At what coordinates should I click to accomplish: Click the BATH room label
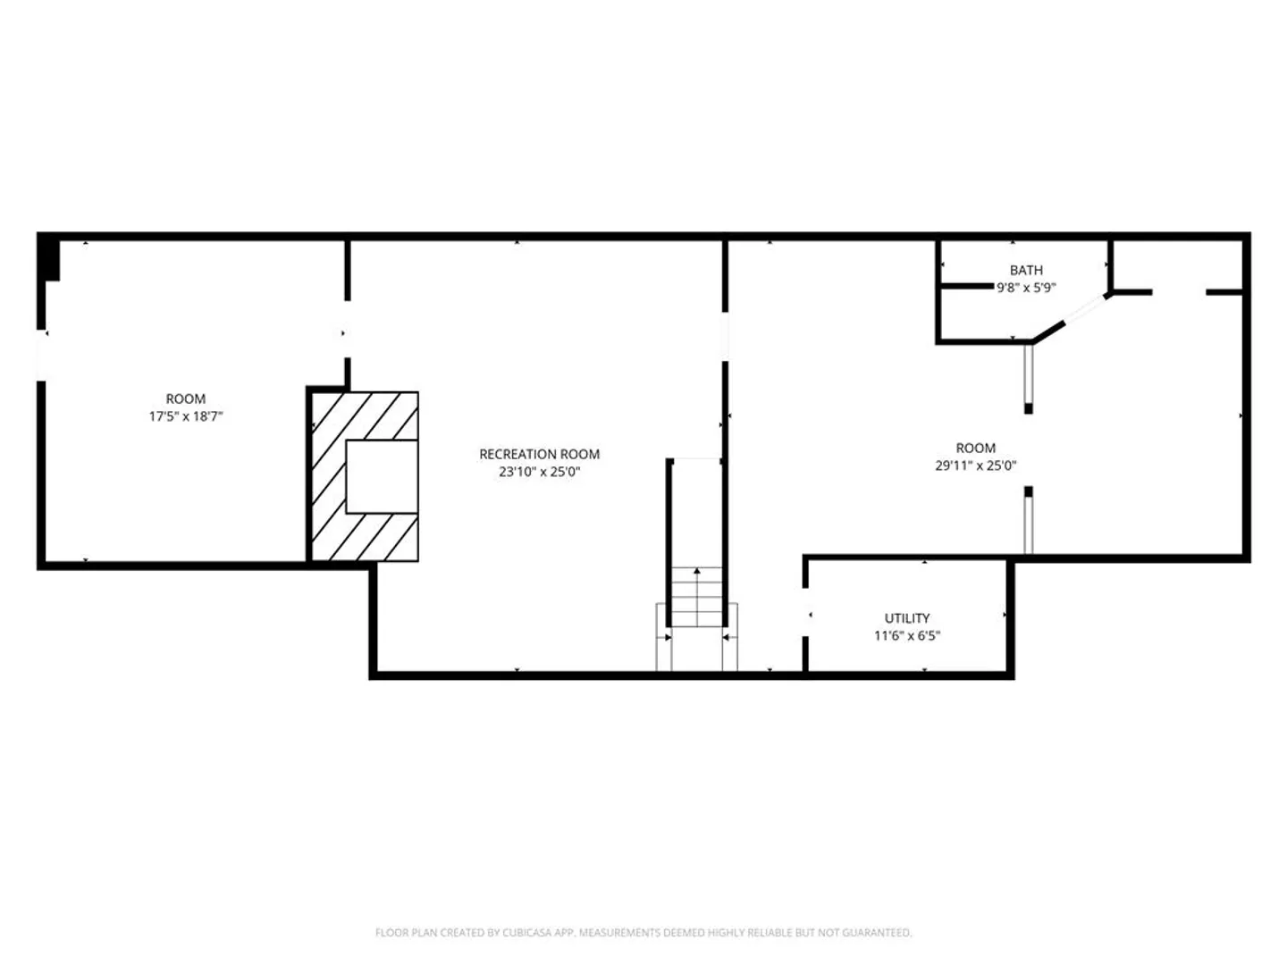coord(1025,270)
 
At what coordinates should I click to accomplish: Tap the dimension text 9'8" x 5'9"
coord(1026,288)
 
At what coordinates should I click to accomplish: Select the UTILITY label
coord(906,618)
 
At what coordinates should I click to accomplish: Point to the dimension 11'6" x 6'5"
coord(907,635)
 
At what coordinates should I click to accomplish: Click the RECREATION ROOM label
coord(540,454)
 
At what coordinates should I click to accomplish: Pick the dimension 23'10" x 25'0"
coord(540,472)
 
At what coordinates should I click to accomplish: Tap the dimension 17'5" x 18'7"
coord(186,416)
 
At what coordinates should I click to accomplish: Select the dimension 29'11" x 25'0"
coord(976,466)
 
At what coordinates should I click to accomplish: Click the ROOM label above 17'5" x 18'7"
coord(186,399)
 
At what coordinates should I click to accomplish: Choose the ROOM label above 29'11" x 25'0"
coord(976,449)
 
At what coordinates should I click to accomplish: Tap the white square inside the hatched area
coord(382,476)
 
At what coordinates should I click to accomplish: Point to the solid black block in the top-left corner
coord(48,259)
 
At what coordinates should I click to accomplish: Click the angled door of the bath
coord(1085,308)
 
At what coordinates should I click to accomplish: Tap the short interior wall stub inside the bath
coord(967,286)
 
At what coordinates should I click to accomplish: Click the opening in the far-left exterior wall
coord(42,355)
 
